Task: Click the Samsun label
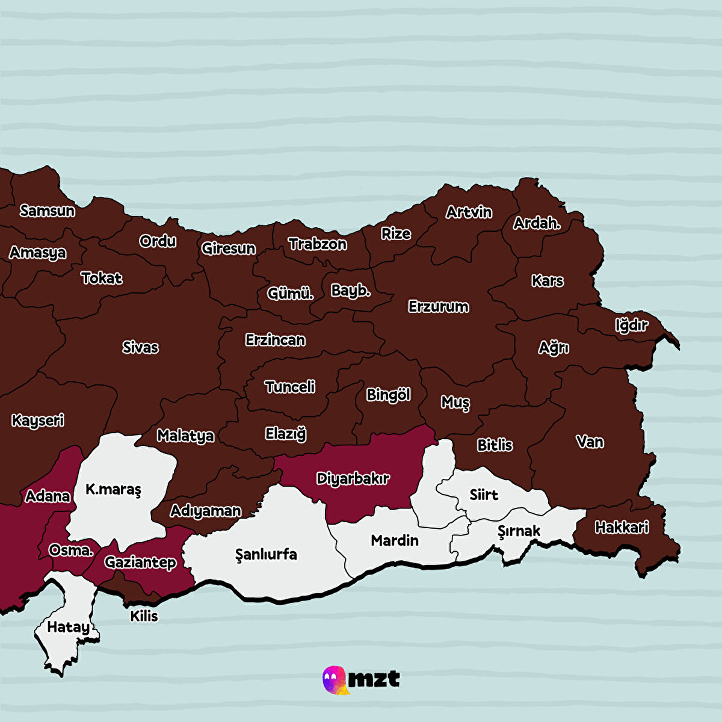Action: pos(48,211)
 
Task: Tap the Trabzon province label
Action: pos(317,244)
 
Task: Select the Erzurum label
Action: pos(438,306)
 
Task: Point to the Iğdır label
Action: pos(631,326)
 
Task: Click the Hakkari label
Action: pos(622,528)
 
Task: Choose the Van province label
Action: pos(590,442)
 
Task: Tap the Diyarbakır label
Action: pos(353,479)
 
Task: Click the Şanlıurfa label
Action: pos(266,554)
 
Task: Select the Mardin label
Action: pos(395,540)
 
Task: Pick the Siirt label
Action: pos(484,495)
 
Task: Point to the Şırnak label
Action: pos(519,531)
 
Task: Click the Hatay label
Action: pos(68,627)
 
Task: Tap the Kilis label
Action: pos(144,616)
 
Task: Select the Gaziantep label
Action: pos(140,562)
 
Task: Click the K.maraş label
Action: pos(113,489)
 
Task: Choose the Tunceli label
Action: pos(290,387)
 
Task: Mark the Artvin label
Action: pos(469,212)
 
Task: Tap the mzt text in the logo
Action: pos(374,679)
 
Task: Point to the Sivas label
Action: pos(140,347)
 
